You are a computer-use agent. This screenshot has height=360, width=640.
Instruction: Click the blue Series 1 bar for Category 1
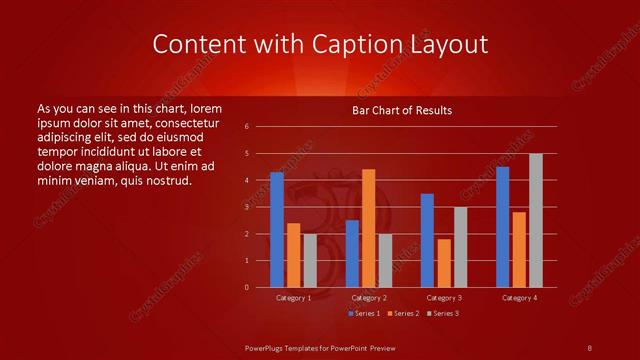[x=277, y=229]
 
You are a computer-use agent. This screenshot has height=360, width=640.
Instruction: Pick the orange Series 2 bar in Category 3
[x=444, y=262]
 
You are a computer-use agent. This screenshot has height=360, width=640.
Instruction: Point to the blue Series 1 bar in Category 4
[x=502, y=226]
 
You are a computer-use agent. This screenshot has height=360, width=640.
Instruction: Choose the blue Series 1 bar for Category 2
[x=352, y=253]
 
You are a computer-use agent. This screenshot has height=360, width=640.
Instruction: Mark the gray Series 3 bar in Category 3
[x=461, y=246]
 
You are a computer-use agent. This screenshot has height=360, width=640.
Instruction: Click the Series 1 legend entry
[x=364, y=313]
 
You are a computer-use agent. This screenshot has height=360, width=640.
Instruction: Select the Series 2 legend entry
[x=403, y=313]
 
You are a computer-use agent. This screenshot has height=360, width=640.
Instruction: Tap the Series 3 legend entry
[x=442, y=313]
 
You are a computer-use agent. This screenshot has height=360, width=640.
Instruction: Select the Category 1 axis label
[x=294, y=298]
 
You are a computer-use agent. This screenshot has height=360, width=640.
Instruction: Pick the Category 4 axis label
[x=519, y=298]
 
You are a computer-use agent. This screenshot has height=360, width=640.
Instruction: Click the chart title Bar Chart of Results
[x=402, y=109]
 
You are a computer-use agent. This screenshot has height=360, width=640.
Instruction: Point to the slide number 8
[x=590, y=347]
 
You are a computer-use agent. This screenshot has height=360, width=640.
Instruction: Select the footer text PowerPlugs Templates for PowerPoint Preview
[x=320, y=347]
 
